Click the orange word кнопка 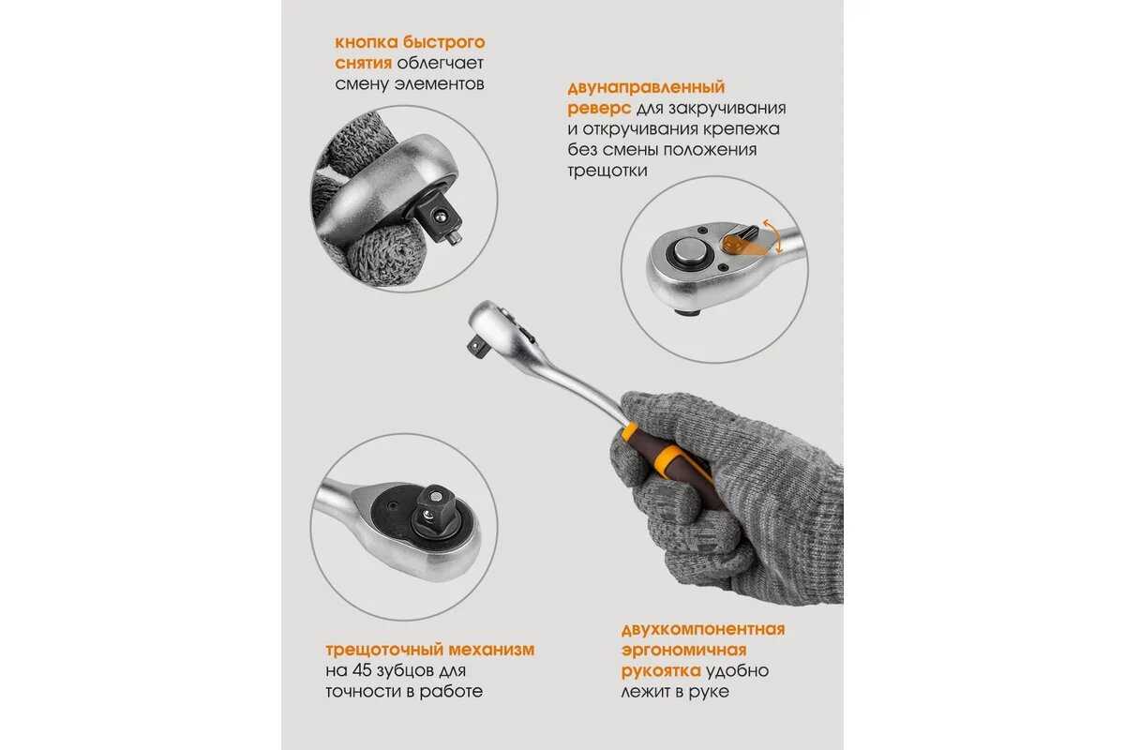366,43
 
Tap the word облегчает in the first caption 440,64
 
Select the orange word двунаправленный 646,88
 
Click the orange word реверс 599,109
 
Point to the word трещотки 607,171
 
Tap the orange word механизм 491,650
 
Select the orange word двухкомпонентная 703,629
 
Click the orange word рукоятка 661,671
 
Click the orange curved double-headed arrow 773,236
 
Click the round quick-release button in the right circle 689,251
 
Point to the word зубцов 408,671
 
